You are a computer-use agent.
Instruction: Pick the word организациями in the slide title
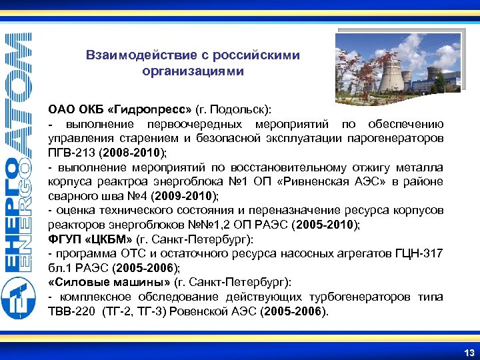[x=193, y=70]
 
